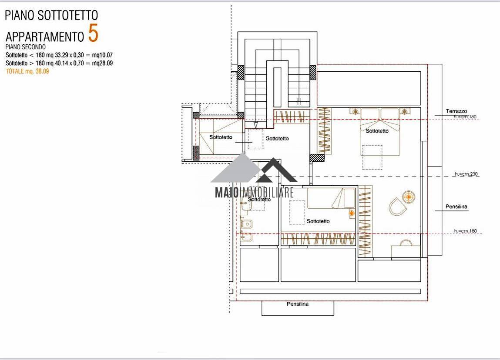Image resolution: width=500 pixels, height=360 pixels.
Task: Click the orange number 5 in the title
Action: point(93,33)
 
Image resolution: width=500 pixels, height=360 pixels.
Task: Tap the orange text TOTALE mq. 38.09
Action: point(27,71)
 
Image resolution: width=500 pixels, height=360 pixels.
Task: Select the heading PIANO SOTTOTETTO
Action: point(51,15)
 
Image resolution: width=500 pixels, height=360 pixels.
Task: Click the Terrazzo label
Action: point(456,111)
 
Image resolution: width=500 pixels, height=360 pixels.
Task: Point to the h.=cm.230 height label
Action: point(466,174)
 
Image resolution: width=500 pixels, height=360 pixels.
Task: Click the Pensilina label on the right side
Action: point(456,207)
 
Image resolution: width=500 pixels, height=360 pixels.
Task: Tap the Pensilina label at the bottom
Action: point(298,304)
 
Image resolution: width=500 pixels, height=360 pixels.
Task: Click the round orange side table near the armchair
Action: point(409,197)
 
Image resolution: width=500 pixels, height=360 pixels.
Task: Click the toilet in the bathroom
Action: point(246,224)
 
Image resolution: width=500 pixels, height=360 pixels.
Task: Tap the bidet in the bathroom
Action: point(246,237)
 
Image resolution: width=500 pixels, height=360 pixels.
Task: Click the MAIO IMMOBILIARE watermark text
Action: point(254,192)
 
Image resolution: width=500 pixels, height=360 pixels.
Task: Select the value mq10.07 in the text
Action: point(102,55)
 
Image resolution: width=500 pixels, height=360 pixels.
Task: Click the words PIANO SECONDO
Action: point(26,47)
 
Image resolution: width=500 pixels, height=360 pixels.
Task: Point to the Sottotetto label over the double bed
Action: point(377,130)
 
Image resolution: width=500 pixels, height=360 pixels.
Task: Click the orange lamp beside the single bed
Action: point(352,213)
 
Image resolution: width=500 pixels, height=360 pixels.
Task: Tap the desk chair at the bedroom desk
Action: point(406,243)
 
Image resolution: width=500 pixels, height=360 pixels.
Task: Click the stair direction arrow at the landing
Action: point(256,124)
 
